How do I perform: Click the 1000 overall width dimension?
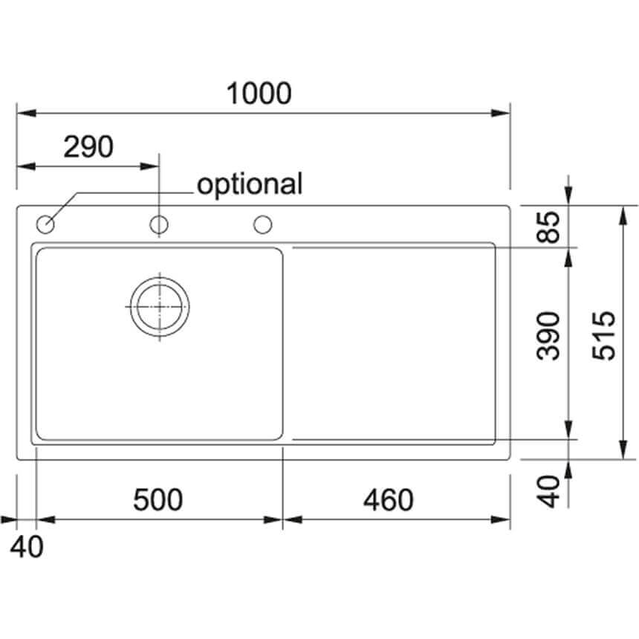point(259,94)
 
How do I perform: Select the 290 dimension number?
point(88,146)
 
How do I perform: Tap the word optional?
point(250,184)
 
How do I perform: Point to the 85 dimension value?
point(548,227)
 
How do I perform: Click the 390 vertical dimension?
point(548,336)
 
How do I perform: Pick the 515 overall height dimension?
point(603,336)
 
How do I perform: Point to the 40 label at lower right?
point(548,491)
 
